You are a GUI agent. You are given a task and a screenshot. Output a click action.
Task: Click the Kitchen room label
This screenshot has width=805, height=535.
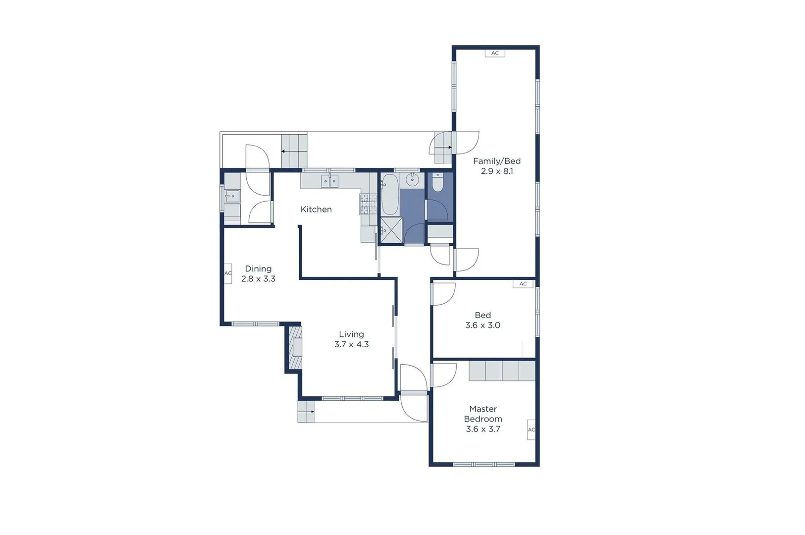tap(316, 210)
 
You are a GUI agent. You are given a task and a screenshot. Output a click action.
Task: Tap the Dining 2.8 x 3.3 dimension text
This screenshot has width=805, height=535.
tap(258, 279)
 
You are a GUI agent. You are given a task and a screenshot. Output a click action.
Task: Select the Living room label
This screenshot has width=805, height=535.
tap(351, 334)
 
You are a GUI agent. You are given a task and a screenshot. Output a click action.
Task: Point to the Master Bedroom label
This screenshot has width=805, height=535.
tap(483, 414)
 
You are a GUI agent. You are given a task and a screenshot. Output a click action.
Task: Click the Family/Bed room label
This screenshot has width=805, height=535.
tap(497, 161)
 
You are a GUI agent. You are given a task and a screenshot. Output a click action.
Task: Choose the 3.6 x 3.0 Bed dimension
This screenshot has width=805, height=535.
tap(483, 325)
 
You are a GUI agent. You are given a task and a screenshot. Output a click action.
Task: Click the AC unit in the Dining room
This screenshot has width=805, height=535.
tap(228, 273)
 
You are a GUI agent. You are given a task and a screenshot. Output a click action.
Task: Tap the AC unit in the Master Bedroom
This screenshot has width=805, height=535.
tap(531, 429)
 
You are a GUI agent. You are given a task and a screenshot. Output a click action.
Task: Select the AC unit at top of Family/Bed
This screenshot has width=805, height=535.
tap(495, 53)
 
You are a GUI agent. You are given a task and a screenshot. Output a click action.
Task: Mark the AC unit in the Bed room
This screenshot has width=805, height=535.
tap(523, 284)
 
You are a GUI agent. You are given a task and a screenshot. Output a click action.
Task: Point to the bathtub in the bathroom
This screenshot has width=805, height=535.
tap(390, 194)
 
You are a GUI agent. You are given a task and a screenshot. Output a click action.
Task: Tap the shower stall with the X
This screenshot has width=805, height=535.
tap(391, 230)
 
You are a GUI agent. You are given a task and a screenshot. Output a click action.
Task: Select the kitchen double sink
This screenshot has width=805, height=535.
tap(329, 181)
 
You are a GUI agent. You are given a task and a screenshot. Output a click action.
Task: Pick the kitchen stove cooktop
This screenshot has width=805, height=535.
tap(368, 204)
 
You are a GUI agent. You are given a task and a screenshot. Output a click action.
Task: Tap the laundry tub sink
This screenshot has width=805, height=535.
tap(232, 197)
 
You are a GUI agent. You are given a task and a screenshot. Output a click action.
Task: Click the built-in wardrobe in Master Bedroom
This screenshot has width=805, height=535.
tap(502, 371)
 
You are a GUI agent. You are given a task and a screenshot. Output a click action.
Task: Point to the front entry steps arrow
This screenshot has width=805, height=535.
tap(306, 412)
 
